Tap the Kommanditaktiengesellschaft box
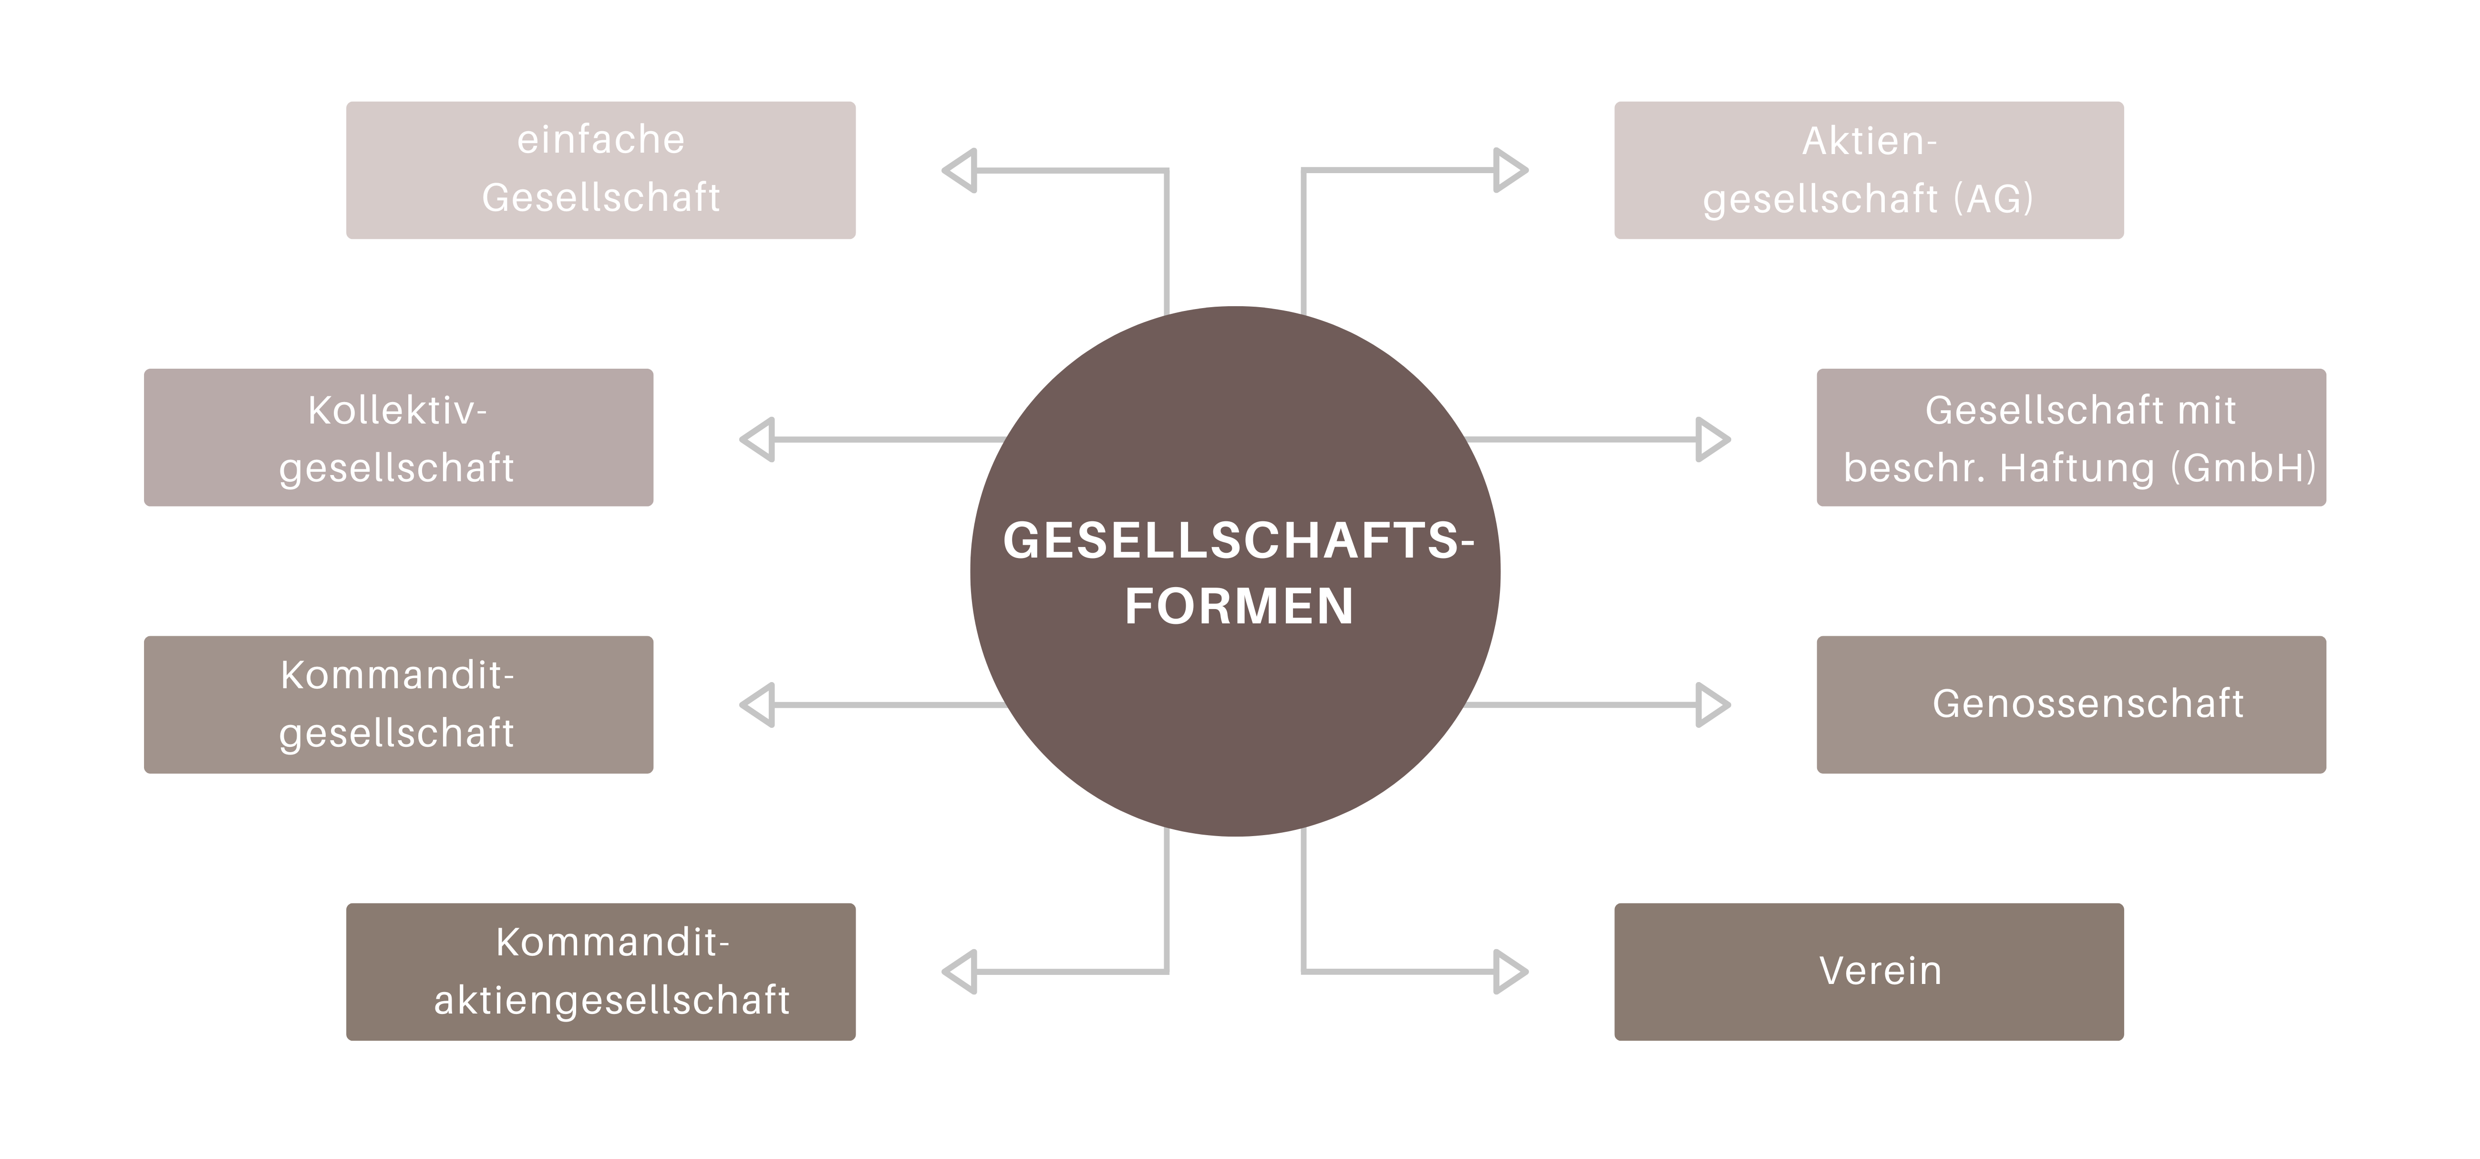[x=601, y=971]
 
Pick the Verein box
[x=1869, y=971]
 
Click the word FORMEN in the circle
[x=1239, y=607]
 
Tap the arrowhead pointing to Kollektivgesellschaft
[x=759, y=439]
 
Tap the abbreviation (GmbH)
[x=2243, y=468]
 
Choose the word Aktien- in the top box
[x=1869, y=142]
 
